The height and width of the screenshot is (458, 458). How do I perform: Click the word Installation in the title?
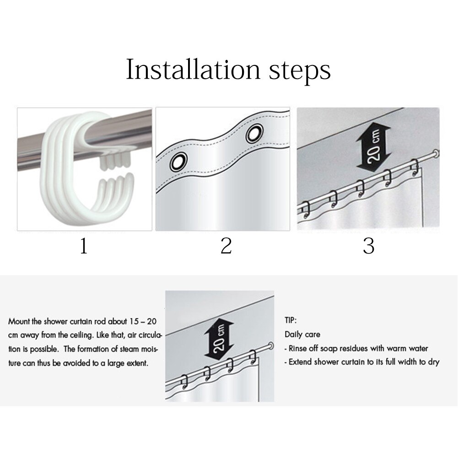point(193,70)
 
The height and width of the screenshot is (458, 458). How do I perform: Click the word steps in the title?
point(300,71)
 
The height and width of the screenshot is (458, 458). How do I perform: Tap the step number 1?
point(84,246)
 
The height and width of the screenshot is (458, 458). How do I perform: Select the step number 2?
point(226,246)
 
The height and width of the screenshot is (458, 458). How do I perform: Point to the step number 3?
point(369,246)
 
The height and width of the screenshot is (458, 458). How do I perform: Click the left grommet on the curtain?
point(178,162)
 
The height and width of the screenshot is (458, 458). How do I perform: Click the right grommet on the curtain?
point(254,133)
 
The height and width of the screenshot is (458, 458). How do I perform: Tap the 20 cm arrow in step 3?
point(373,145)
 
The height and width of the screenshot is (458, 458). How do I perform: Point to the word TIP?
point(291,320)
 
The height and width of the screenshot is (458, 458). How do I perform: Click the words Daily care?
point(302,334)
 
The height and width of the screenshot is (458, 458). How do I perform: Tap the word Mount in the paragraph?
point(19,322)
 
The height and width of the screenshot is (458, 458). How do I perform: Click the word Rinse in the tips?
point(297,349)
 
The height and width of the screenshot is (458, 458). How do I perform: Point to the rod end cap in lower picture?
point(270,346)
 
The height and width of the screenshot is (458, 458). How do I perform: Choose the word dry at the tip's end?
point(433,362)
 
